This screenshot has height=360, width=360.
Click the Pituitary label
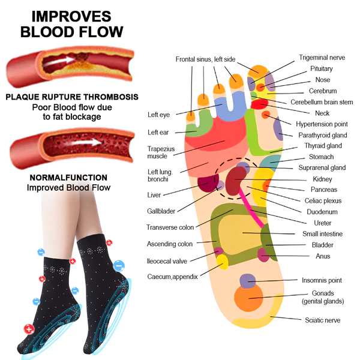click(x=322, y=68)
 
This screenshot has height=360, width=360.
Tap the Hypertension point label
click(x=322, y=124)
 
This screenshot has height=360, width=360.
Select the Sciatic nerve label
click(x=323, y=320)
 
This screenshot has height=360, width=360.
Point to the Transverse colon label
click(x=170, y=227)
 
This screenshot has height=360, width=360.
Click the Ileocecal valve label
click(x=167, y=261)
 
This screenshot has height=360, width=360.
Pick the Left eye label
click(x=158, y=115)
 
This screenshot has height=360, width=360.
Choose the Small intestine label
click(x=323, y=234)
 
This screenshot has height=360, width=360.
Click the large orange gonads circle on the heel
click(x=248, y=298)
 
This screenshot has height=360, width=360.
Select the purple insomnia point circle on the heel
click(x=247, y=281)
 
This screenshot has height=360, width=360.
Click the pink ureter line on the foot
click(x=251, y=208)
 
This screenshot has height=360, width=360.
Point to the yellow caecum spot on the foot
click(x=222, y=262)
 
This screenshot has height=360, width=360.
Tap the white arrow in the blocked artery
click(x=58, y=61)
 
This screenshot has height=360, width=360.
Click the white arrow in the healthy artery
click(x=82, y=142)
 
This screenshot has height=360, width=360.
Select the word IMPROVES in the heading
click(x=71, y=17)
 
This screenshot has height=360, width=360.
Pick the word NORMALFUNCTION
click(x=68, y=178)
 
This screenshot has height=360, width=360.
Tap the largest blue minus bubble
click(x=119, y=266)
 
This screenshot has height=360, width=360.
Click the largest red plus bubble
click(x=29, y=329)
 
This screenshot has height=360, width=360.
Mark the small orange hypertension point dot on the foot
click(x=266, y=115)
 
